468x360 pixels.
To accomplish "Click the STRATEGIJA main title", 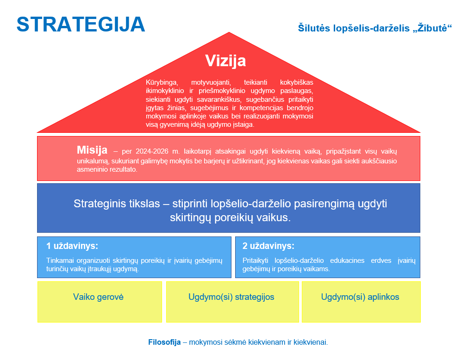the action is click(81, 24).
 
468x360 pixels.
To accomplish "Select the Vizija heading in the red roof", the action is click(225, 61).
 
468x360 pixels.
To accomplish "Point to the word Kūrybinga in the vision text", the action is click(162, 82).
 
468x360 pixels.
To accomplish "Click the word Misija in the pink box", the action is click(92, 150).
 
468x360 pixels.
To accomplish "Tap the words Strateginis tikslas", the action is click(117, 204).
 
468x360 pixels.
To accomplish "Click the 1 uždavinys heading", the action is click(72, 246).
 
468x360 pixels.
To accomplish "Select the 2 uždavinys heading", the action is click(268, 246).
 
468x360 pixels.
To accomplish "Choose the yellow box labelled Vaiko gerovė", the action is click(100, 302).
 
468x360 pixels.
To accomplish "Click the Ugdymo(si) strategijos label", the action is click(231, 297).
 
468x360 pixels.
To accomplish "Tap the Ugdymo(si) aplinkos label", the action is click(360, 297).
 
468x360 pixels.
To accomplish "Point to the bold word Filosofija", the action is click(164, 342).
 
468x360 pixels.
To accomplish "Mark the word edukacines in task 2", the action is click(347, 261).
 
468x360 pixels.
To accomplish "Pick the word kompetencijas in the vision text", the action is click(261, 108).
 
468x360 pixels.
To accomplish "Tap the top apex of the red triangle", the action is click(229, 32).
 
